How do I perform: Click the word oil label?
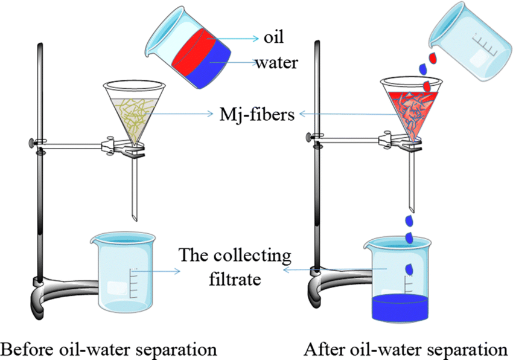click(273, 37)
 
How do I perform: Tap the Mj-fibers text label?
click(257, 115)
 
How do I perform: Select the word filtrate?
click(235, 280)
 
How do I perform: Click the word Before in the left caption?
click(28, 349)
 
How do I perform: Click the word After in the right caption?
click(324, 349)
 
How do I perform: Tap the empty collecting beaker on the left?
click(123, 272)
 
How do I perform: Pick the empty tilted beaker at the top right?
click(471, 41)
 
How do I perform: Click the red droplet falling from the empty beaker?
click(433, 58)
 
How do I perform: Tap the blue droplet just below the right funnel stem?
click(409, 221)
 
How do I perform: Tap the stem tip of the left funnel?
click(135, 219)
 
